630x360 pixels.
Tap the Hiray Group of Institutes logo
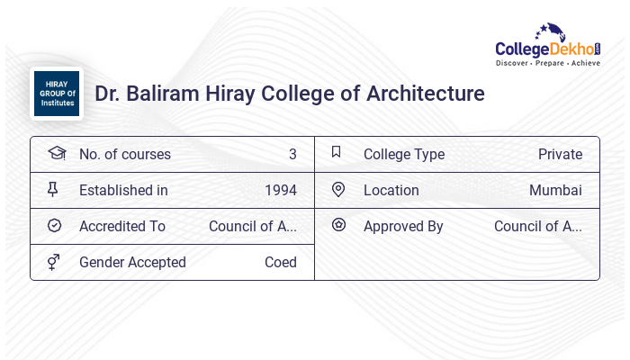pos(56,94)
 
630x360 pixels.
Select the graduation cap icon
pos(56,154)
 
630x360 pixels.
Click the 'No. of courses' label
pos(124,155)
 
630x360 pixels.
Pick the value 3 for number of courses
pos(292,155)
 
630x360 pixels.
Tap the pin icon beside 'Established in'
pos(54,190)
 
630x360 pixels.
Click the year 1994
pos(281,191)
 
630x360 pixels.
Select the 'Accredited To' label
pos(122,227)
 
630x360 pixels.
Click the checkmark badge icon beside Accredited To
pos(54,226)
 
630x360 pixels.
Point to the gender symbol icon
pos(54,262)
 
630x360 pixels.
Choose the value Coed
pos(280,263)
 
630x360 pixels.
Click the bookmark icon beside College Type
pos(337,153)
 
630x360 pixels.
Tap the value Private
pos(560,155)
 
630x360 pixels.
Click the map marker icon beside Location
pos(338,190)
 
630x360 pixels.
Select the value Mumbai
pos(555,191)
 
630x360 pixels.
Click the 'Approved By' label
pos(403,227)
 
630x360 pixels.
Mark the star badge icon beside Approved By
pos(338,225)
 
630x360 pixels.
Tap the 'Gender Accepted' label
pos(132,263)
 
